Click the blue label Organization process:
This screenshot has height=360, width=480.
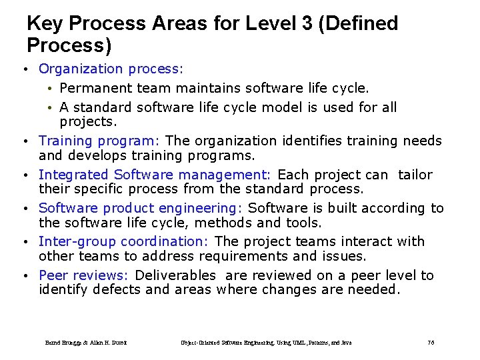coord(111,69)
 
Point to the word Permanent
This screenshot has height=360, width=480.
coord(95,88)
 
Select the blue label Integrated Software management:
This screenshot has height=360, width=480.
coord(155,175)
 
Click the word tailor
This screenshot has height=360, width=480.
coord(415,175)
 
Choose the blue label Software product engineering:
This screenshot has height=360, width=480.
coord(141,208)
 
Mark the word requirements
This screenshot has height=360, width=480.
coord(236,256)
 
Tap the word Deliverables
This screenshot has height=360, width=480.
coord(175,275)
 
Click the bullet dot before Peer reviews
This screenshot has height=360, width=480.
coord(24,276)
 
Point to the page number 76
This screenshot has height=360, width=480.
coord(431,343)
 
